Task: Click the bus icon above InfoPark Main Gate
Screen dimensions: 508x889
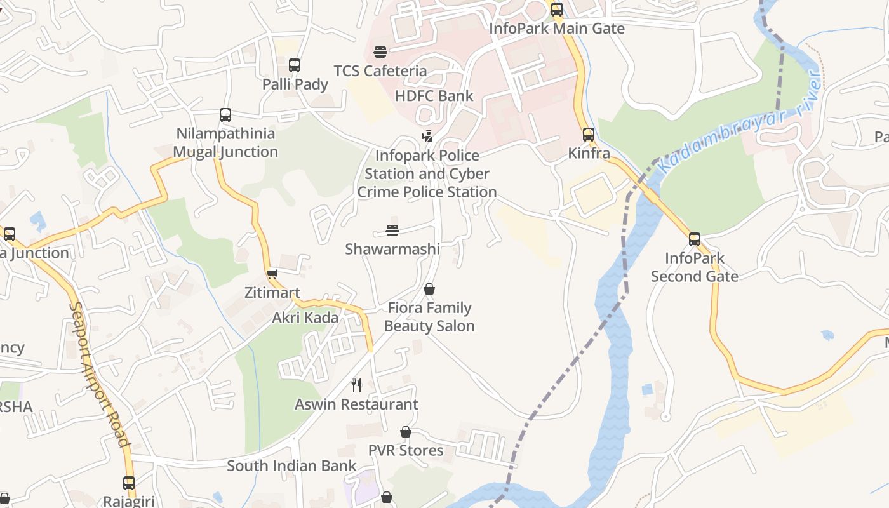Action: click(x=557, y=10)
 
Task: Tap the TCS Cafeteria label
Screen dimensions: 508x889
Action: click(x=380, y=70)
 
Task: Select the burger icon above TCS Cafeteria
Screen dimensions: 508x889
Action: click(x=380, y=51)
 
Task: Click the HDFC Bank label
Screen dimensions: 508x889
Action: click(x=434, y=96)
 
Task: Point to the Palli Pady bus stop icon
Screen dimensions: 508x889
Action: click(x=295, y=65)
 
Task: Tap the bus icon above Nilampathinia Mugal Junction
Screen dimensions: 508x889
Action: click(x=225, y=115)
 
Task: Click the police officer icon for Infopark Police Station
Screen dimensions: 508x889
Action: click(x=427, y=136)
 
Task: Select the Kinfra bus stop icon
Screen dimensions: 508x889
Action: click(x=589, y=135)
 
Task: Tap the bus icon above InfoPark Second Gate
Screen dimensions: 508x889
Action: click(x=695, y=239)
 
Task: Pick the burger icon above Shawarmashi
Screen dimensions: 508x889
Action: click(x=392, y=230)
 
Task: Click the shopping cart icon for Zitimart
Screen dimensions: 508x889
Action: click(x=272, y=274)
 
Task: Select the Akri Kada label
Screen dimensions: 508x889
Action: click(x=305, y=317)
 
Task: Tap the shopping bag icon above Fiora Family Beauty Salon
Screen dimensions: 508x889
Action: click(x=429, y=289)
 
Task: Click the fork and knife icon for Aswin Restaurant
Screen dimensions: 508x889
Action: click(x=356, y=385)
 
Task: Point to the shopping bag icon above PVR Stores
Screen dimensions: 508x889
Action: click(x=406, y=432)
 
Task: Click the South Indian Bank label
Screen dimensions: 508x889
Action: click(x=292, y=465)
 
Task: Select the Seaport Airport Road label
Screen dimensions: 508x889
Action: click(x=100, y=375)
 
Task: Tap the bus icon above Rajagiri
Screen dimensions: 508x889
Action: click(x=129, y=483)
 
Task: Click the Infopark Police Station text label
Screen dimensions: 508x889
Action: click(x=427, y=173)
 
